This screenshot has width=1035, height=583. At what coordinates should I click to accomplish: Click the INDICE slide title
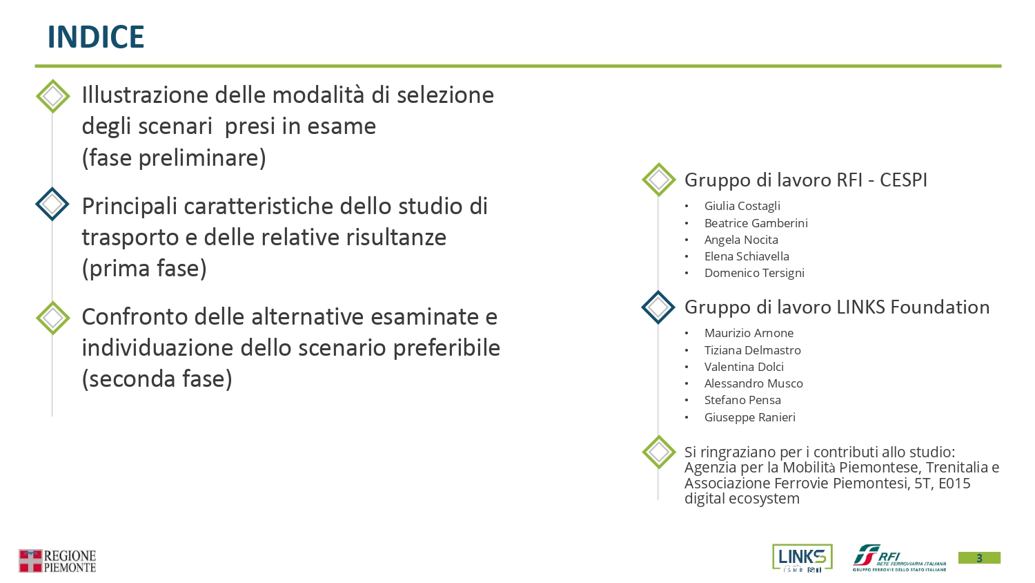pyautogui.click(x=96, y=37)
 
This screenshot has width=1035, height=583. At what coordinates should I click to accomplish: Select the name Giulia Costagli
pyautogui.click(x=742, y=206)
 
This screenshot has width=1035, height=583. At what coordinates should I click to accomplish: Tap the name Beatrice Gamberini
pyautogui.click(x=756, y=223)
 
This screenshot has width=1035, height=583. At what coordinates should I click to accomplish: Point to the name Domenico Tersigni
pyautogui.click(x=754, y=273)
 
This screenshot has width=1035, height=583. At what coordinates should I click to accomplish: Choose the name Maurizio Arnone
pyautogui.click(x=749, y=333)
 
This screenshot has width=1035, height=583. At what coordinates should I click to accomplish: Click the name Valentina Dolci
pyautogui.click(x=744, y=367)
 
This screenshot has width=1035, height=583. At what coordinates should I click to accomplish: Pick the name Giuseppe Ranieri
pyautogui.click(x=750, y=417)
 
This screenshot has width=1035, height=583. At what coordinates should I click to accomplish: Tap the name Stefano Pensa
pyautogui.click(x=742, y=400)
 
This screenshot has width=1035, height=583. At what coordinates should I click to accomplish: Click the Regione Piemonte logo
pyautogui.click(x=57, y=561)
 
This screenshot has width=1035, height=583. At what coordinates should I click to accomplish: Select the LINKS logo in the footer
pyautogui.click(x=802, y=557)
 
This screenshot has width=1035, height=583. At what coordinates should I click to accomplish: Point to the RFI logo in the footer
pyautogui.click(x=899, y=558)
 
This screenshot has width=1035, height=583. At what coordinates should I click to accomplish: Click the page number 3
pyautogui.click(x=979, y=558)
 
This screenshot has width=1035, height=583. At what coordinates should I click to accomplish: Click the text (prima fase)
pyautogui.click(x=144, y=269)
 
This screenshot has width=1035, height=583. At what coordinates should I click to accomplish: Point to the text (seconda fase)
pyautogui.click(x=157, y=379)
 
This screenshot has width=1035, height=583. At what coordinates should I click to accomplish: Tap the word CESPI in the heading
pyautogui.click(x=903, y=180)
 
